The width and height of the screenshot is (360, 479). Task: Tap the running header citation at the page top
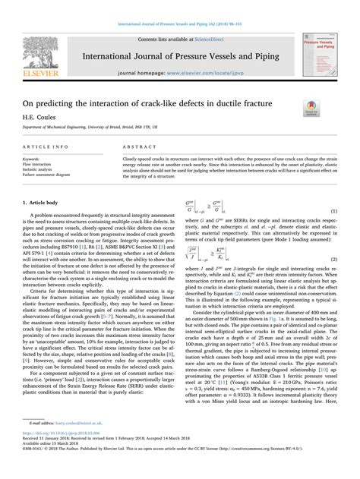179,6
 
